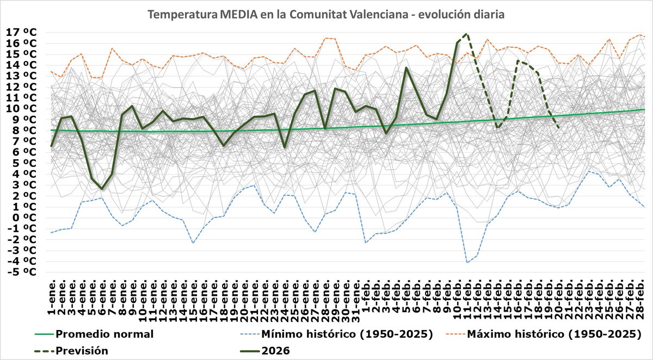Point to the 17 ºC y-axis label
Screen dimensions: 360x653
coord(21,33)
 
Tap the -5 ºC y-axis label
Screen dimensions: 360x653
coord(22,272)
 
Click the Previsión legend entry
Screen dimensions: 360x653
coord(82,351)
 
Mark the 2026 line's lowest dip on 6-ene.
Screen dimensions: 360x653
coord(102,189)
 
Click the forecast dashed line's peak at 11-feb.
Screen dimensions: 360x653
coord(466,34)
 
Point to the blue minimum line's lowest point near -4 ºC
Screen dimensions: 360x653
coord(467,262)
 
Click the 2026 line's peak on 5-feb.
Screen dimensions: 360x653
coord(406,68)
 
